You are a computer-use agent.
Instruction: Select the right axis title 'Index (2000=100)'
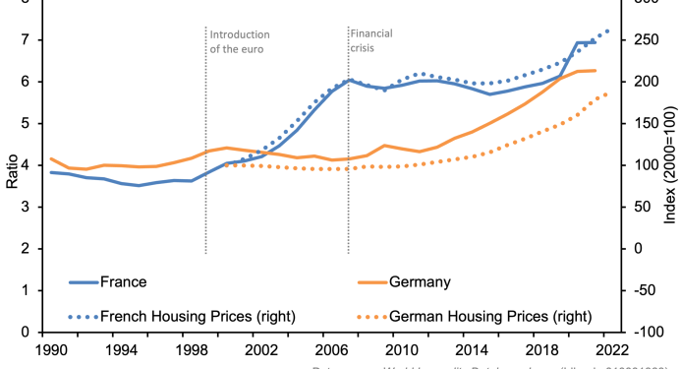pos(670,168)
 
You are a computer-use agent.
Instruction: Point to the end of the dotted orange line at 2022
pos(608,93)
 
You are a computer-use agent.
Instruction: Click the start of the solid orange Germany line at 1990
pos(50,158)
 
